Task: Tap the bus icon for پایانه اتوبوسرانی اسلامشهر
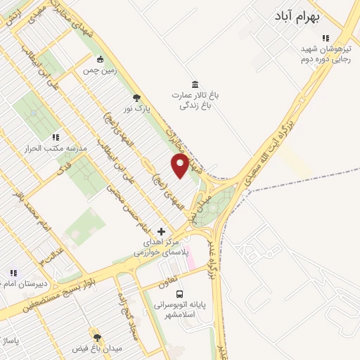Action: coord(179,295)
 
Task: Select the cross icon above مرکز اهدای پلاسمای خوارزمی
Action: coord(162,231)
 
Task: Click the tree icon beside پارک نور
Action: coord(136,98)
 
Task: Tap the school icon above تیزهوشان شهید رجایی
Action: coord(325,38)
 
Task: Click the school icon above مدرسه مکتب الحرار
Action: coord(56,137)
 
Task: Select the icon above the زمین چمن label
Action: coord(101,59)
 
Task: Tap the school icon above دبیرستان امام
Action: coord(13,273)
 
